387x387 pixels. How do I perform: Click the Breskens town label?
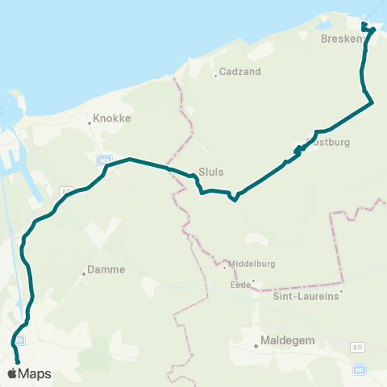[x=338, y=39]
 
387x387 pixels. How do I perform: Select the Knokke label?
[x=112, y=118]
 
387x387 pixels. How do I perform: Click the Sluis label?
[x=210, y=172]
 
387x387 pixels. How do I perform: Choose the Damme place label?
[x=106, y=269]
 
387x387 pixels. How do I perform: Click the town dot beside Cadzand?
[x=215, y=77]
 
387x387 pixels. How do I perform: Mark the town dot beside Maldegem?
[x=256, y=346]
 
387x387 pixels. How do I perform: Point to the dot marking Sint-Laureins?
[x=341, y=291]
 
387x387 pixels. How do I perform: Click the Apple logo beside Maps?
[x=12, y=373]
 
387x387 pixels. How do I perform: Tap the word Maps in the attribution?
[x=35, y=374]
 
